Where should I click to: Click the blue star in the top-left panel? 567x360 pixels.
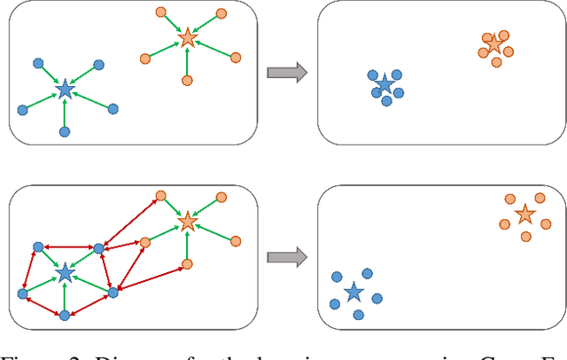(x=64, y=89)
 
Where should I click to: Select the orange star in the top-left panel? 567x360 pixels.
(x=187, y=38)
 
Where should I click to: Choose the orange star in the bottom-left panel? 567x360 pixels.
(x=187, y=221)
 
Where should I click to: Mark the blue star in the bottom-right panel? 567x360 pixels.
(x=353, y=292)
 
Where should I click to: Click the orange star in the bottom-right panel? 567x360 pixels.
(x=524, y=215)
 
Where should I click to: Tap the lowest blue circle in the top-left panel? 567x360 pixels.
(x=64, y=131)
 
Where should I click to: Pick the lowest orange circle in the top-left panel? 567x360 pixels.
(x=187, y=81)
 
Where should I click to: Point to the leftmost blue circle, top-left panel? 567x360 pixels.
(x=21, y=110)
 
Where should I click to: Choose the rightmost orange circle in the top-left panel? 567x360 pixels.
(x=236, y=58)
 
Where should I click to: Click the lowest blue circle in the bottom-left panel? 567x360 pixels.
(x=64, y=315)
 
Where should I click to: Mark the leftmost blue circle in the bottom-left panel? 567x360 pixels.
(x=21, y=293)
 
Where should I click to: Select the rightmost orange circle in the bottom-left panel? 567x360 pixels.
(x=236, y=240)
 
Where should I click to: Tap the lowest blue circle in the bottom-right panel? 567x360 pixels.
(x=358, y=315)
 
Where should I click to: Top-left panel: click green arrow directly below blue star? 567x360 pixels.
(x=64, y=112)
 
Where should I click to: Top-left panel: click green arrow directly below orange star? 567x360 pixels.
(x=187, y=61)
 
